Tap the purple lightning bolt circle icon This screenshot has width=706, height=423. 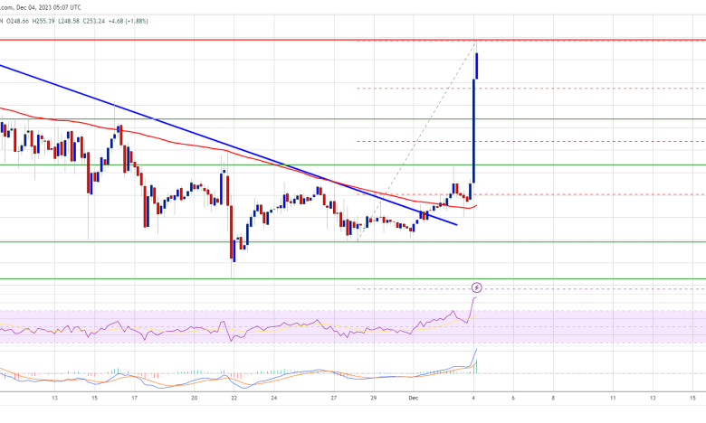click(477, 287)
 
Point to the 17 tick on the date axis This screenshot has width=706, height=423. click(134, 397)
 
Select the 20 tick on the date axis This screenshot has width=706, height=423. click(195, 397)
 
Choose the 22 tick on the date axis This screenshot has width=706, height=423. click(234, 397)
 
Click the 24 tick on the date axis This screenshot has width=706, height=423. click(275, 397)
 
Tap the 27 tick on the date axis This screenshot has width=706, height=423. click(335, 397)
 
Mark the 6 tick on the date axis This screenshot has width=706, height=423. click(512, 397)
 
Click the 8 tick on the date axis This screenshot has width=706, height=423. click(553, 397)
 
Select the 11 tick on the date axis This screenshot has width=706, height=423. click(613, 397)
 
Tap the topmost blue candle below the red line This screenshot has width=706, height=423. click(477, 65)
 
